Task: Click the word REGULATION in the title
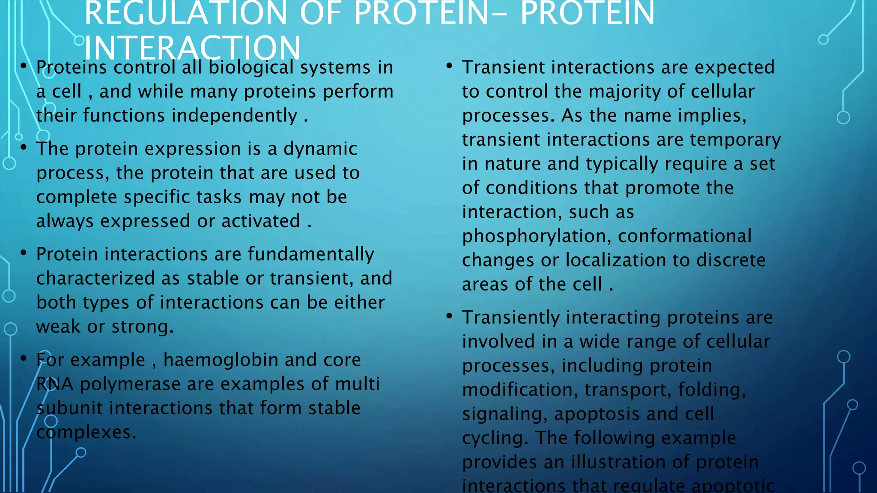click(185, 14)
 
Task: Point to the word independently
click(234, 116)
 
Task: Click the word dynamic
click(320, 149)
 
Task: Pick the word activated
click(261, 221)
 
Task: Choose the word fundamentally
click(311, 254)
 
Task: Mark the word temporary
click(735, 140)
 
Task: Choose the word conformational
click(684, 236)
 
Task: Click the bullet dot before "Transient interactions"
click(449, 66)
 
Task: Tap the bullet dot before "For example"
click(24, 358)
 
